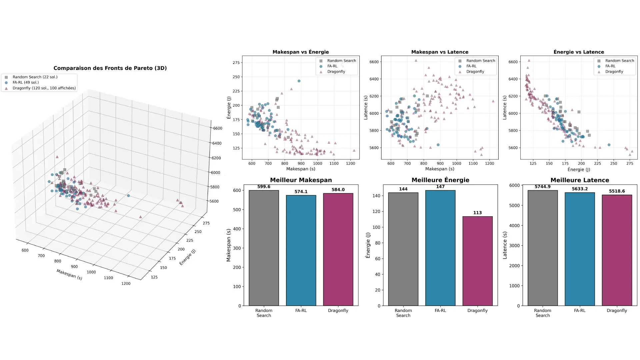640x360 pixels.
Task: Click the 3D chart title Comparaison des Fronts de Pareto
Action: coord(110,68)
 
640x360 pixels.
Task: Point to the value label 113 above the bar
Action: coord(477,213)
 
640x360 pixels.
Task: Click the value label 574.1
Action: coord(301,192)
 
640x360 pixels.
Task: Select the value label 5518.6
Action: coord(617,191)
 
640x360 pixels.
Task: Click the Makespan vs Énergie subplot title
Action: coord(301,52)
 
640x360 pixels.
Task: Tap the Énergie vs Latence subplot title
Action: coord(579,52)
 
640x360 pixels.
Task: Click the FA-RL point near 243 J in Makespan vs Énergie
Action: coord(299,81)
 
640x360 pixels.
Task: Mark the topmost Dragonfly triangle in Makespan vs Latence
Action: coord(416,61)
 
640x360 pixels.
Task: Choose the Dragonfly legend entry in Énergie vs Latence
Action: coord(614,72)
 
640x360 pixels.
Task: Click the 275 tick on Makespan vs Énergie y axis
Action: coord(236,63)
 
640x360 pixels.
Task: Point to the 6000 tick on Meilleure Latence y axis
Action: coord(514,185)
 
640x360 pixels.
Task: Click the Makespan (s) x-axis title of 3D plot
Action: coord(69,275)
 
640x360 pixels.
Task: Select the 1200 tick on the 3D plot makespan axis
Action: coord(126,284)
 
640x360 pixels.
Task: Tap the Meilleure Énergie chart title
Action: coord(440,180)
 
